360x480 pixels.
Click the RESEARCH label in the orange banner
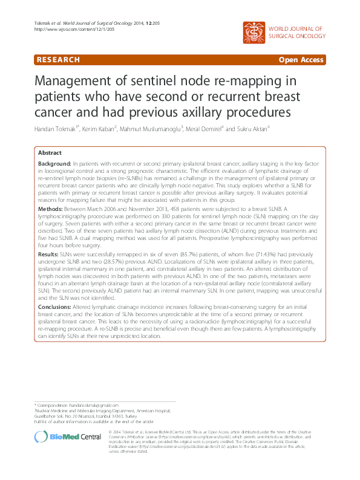57,60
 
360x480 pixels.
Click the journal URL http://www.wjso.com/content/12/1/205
65,29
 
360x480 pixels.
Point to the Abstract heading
50,153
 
